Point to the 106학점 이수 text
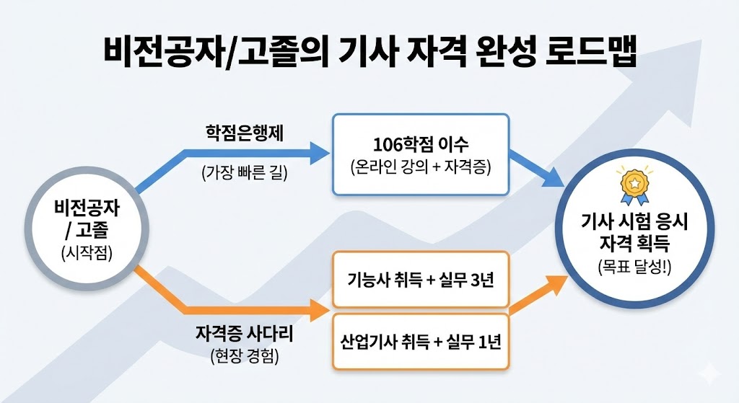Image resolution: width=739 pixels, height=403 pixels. pos(421,143)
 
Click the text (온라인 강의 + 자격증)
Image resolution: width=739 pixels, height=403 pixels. pos(421,168)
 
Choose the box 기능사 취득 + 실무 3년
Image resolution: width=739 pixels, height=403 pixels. pos(421,280)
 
